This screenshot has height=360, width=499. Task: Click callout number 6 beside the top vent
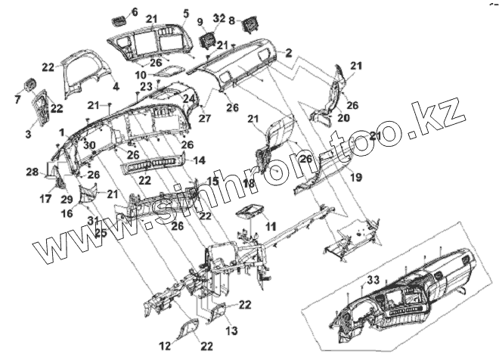135,11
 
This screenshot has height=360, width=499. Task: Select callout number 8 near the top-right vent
232,20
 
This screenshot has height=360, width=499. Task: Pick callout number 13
231,331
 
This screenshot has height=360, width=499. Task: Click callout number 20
343,118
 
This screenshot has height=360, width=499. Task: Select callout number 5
185,13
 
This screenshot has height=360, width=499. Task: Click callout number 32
219,17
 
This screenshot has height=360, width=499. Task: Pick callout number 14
200,160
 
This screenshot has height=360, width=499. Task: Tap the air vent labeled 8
249,28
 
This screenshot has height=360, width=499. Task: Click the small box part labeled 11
251,213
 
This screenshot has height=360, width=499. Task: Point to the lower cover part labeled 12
188,327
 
